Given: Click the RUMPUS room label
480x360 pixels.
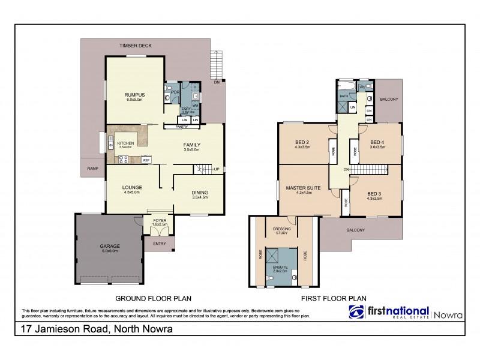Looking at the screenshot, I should click(x=132, y=94).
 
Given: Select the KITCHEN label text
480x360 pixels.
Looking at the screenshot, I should click(x=125, y=142).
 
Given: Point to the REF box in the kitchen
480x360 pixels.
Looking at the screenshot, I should click(x=146, y=160).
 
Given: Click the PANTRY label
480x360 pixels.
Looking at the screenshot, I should click(x=182, y=127).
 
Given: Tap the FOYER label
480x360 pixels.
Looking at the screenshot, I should click(x=159, y=220).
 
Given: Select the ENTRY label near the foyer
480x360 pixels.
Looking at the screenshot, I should click(x=160, y=243).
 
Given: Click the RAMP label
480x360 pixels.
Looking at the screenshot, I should click(x=93, y=169).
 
